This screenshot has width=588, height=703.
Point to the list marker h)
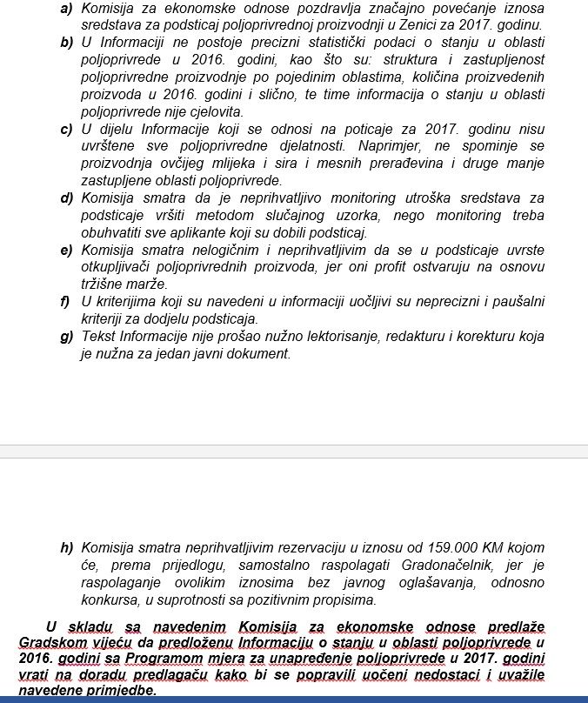67,548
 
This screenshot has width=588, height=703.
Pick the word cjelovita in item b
214,112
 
